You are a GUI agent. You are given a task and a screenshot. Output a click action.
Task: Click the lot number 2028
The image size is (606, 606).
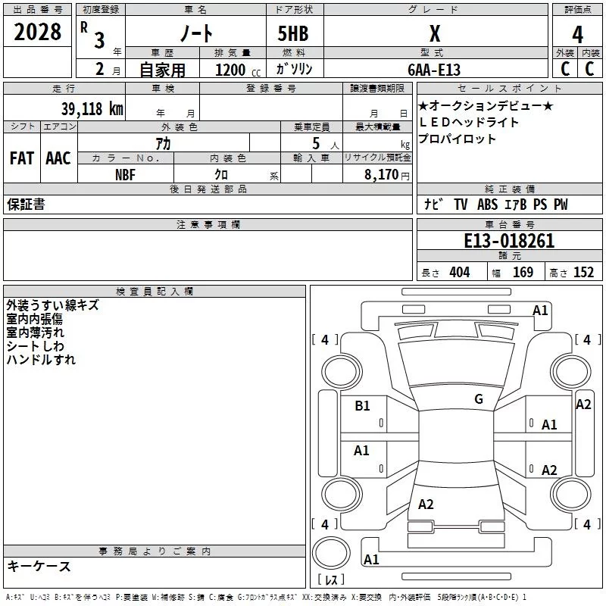click(x=37, y=33)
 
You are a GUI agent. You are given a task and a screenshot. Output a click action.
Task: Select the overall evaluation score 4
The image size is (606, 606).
click(x=577, y=34)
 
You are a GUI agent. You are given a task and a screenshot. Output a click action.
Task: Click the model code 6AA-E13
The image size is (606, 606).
click(x=433, y=69)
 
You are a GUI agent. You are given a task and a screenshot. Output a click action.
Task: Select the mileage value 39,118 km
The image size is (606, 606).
click(x=92, y=108)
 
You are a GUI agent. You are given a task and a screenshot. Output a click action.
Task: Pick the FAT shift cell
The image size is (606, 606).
click(x=21, y=158)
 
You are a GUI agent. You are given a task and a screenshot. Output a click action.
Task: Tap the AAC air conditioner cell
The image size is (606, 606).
click(x=58, y=158)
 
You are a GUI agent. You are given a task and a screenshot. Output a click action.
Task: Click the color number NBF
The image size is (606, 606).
click(x=126, y=174)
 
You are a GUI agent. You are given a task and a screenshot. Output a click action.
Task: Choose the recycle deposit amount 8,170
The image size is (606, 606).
click(x=383, y=174)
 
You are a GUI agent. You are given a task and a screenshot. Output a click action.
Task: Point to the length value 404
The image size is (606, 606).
click(x=459, y=272)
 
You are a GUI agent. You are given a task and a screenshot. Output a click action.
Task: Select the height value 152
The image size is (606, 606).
click(x=583, y=272)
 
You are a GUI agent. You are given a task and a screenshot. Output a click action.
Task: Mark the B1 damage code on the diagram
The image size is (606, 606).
click(x=362, y=406)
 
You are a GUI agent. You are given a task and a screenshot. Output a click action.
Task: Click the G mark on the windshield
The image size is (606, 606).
click(x=479, y=399)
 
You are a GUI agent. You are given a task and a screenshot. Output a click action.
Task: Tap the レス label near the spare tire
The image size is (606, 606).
click(x=330, y=580)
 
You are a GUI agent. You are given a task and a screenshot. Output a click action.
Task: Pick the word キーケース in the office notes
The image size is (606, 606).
click(x=39, y=566)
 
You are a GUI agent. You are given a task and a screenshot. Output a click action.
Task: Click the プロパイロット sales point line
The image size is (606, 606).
click(x=457, y=139)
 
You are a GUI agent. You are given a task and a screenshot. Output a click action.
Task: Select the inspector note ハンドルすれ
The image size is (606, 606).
click(x=41, y=360)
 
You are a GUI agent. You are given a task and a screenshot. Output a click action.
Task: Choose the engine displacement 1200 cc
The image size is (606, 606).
click(x=235, y=70)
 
